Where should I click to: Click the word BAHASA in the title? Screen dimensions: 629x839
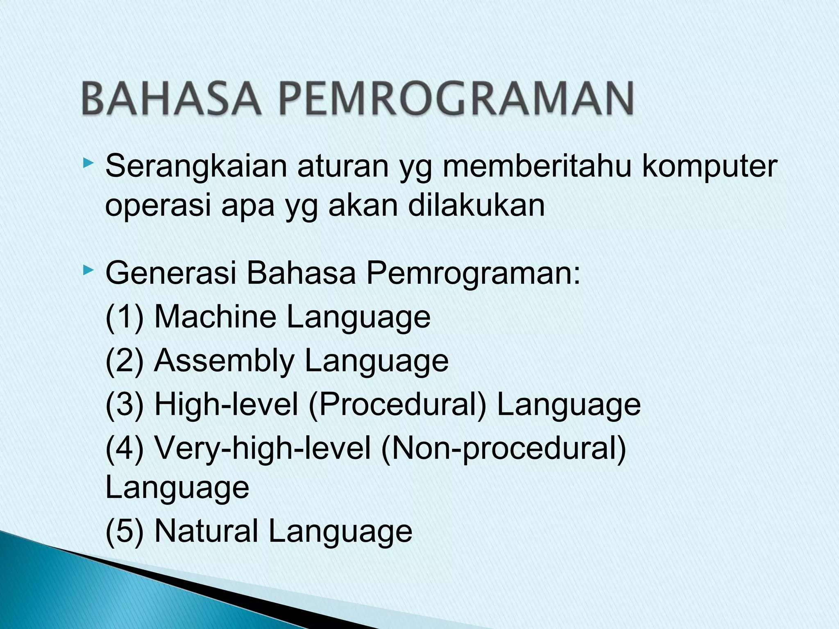[171, 98]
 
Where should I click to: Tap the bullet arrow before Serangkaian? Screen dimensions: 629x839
[88, 164]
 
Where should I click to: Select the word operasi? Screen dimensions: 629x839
[158, 206]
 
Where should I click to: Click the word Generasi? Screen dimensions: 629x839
[170, 273]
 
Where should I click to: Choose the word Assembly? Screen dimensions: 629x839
[224, 361]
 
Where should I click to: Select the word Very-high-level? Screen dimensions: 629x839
[263, 449]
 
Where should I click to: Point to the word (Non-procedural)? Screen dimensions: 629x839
[503, 449]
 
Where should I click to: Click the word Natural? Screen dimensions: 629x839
[206, 531]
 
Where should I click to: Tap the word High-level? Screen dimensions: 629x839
[226, 405]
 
